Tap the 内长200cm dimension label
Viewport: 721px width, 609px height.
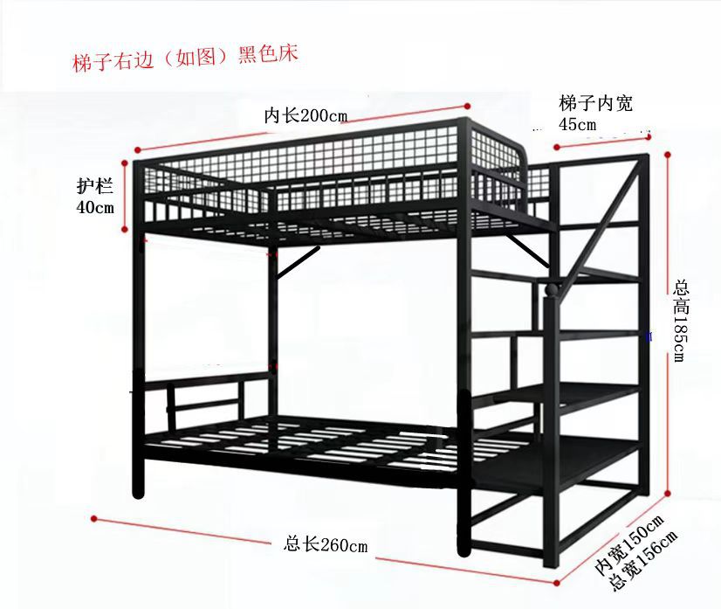[x=306, y=115]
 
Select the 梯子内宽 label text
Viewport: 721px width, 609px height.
[x=595, y=103]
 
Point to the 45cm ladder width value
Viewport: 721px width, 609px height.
[x=578, y=124]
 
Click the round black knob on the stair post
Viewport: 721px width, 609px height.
[x=553, y=289]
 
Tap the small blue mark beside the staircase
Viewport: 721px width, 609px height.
[x=649, y=335]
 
